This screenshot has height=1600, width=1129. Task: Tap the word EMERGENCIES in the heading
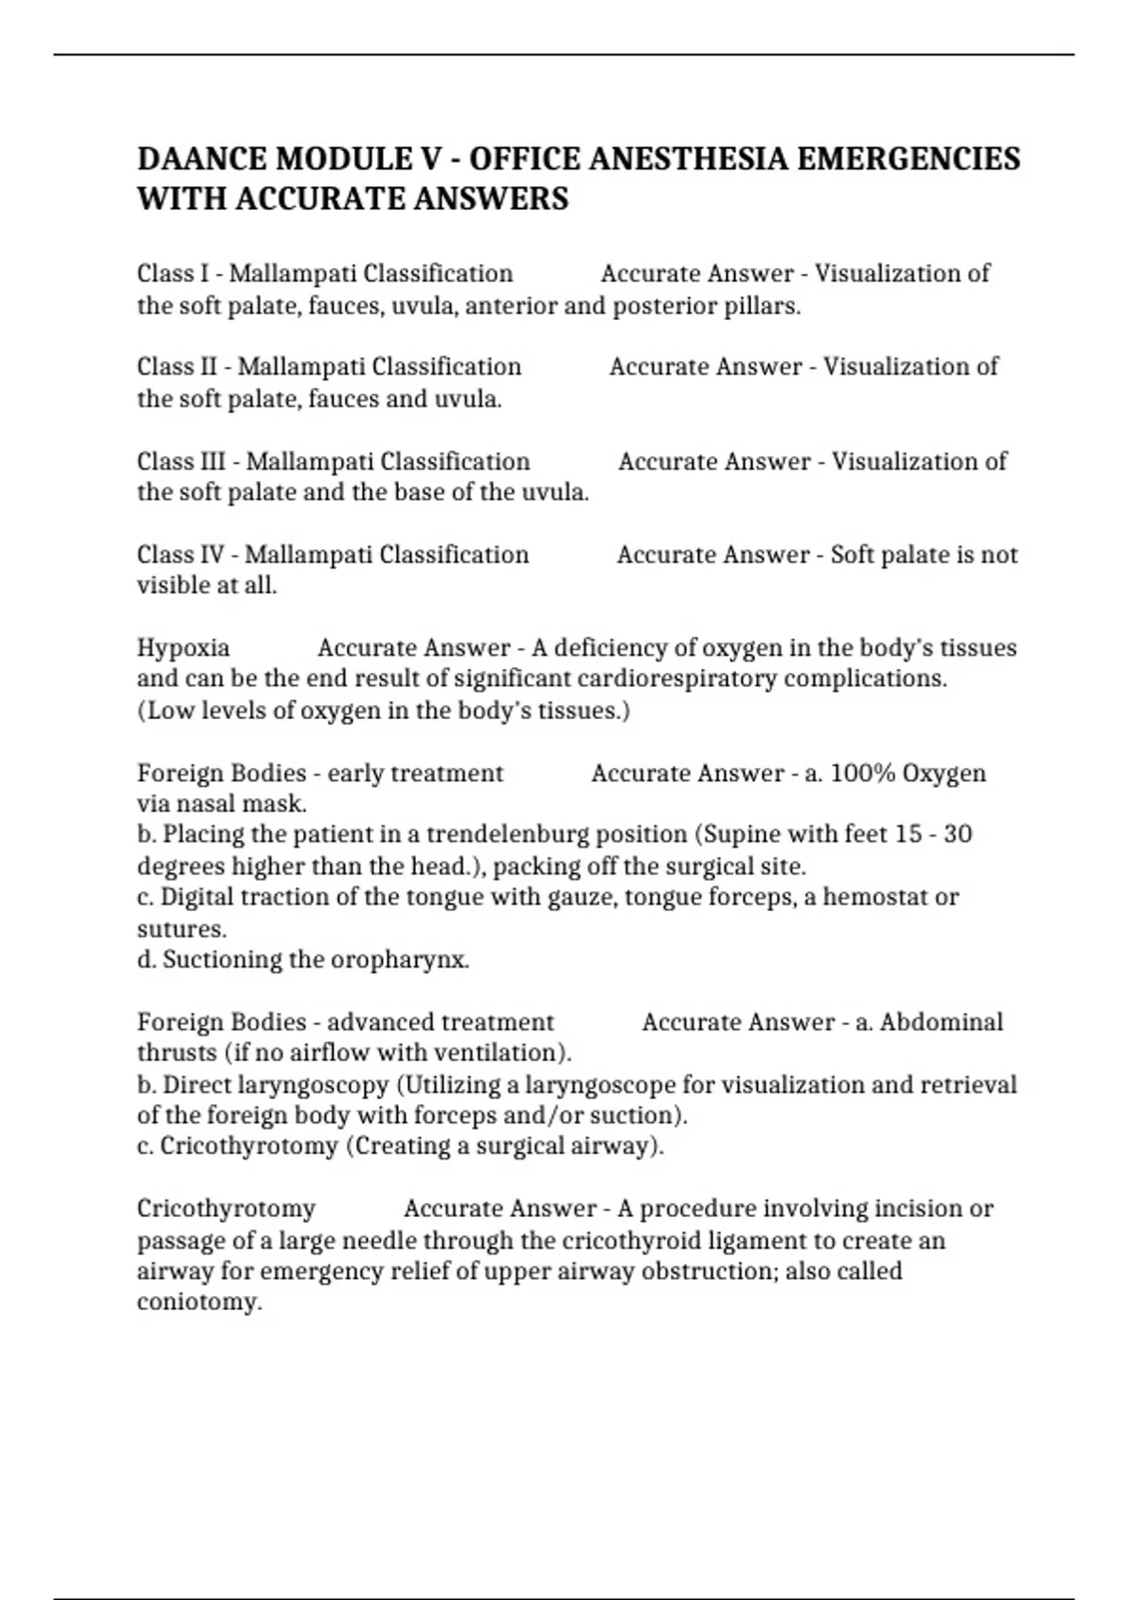(908, 158)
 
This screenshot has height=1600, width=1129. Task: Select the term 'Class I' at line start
(173, 274)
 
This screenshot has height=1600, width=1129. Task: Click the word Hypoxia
(183, 648)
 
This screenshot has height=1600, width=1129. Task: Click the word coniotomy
(198, 1303)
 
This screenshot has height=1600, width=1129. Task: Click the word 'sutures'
(181, 929)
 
